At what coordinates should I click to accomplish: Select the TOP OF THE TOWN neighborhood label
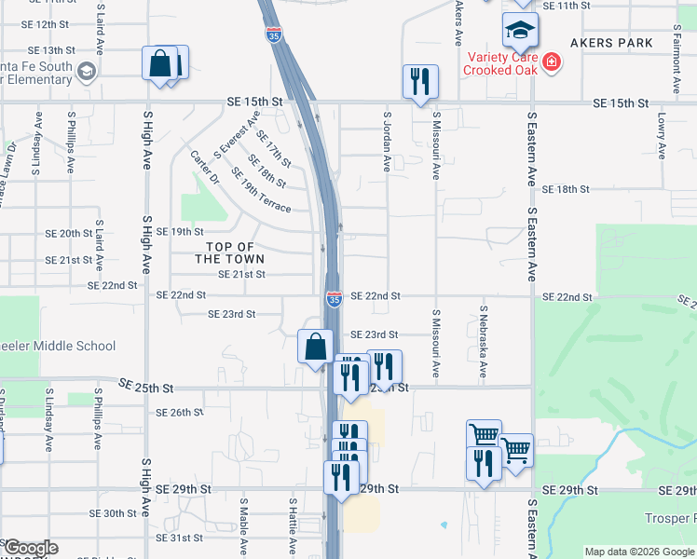click(229, 252)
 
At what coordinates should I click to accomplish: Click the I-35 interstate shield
click(334, 298)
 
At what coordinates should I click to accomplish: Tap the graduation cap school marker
click(520, 32)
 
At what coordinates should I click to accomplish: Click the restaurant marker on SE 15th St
click(420, 81)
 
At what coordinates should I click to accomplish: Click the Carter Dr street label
click(204, 167)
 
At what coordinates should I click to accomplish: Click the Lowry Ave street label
click(661, 136)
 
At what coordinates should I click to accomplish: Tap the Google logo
click(30, 548)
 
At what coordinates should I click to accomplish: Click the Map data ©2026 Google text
click(638, 552)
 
